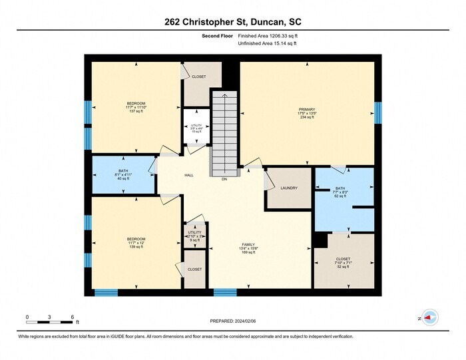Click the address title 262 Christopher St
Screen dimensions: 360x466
click(232, 21)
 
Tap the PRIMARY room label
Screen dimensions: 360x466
click(307, 113)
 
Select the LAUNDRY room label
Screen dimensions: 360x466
click(289, 188)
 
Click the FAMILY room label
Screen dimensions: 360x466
click(248, 248)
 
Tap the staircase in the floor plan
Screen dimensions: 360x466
click(224, 133)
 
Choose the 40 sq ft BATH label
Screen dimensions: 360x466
click(124, 174)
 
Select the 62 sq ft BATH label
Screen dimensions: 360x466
click(340, 192)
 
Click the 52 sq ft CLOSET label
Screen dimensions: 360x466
click(343, 262)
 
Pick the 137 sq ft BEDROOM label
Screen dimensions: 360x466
click(136, 107)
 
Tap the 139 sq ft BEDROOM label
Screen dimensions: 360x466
click(136, 242)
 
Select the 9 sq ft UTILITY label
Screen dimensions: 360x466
click(196, 236)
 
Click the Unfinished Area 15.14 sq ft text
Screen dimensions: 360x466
click(267, 43)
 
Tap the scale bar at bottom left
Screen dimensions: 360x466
click(50, 322)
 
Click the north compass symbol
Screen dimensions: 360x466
click(428, 319)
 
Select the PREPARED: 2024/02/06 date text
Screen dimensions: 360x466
click(232, 321)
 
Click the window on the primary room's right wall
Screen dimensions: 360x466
click(377, 112)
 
